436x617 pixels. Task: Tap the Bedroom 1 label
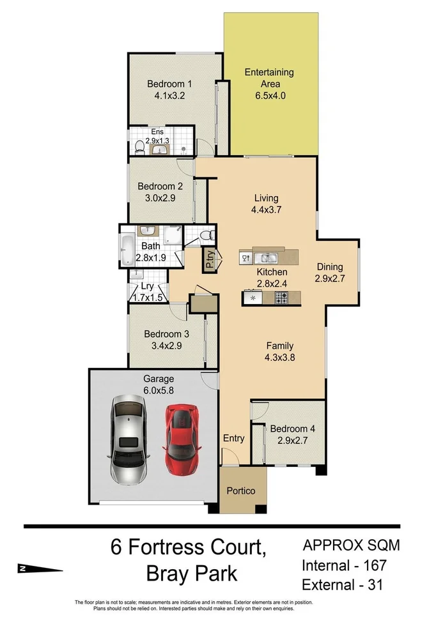169,84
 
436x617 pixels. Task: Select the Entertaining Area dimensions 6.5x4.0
269,96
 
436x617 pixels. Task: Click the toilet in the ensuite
139,146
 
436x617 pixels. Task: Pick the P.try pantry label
209,259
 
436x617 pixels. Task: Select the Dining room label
329,267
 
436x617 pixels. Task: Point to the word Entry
233,438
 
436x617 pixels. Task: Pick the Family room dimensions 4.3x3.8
279,358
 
